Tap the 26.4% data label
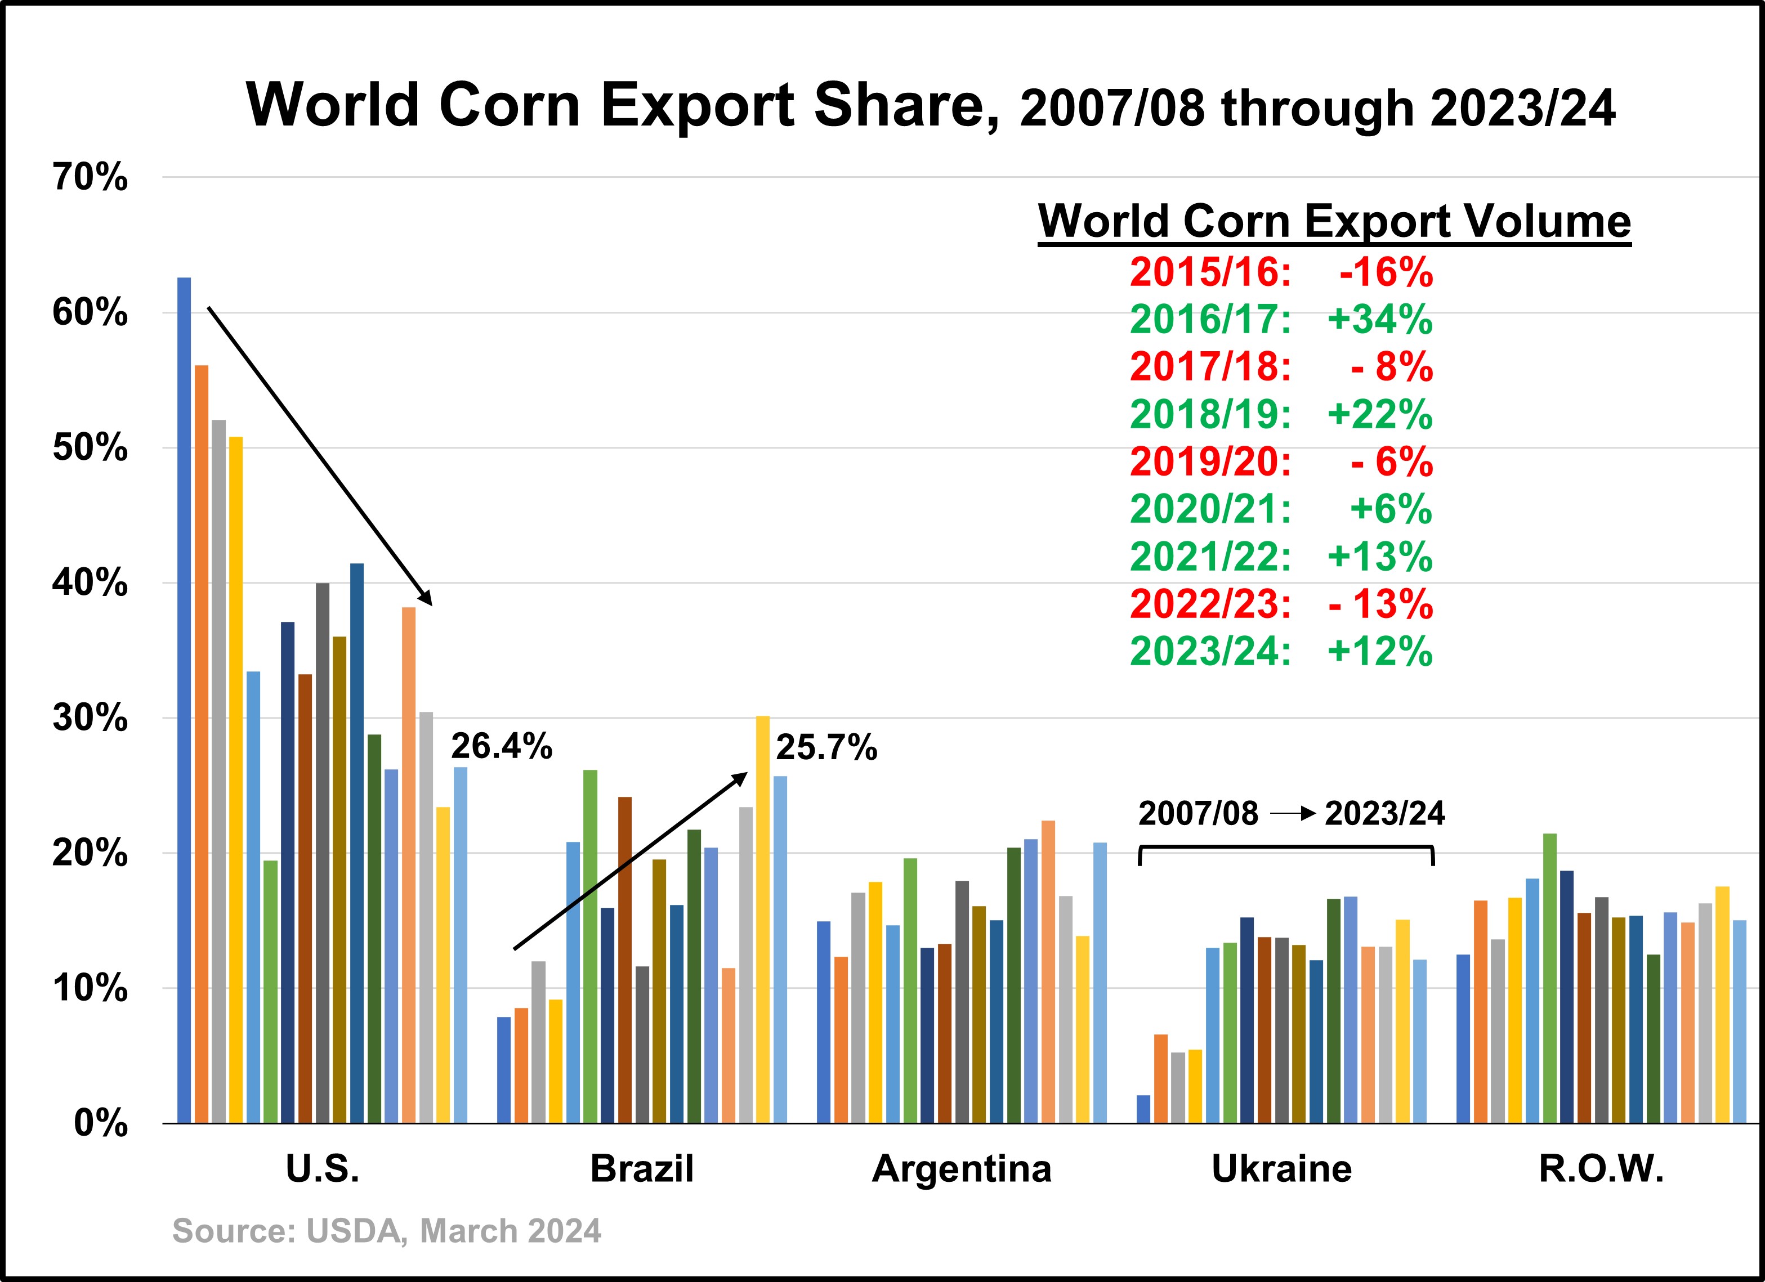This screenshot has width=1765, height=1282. (x=501, y=747)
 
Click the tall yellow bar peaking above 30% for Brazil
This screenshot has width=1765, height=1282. (x=763, y=918)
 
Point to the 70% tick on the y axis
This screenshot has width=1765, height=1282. (x=90, y=177)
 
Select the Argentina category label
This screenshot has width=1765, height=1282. (x=961, y=1168)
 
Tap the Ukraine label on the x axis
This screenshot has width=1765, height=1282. (x=1282, y=1168)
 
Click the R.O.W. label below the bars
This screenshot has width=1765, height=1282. (x=1602, y=1168)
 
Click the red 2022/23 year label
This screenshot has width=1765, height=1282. (x=1210, y=604)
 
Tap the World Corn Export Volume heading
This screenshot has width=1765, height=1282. (x=1334, y=221)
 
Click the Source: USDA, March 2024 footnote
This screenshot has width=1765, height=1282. (x=387, y=1231)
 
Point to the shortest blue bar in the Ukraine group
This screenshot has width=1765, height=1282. (x=1143, y=1109)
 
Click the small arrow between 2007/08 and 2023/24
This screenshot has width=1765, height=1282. (x=1292, y=814)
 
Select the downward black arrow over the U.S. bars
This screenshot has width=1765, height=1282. (x=319, y=456)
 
